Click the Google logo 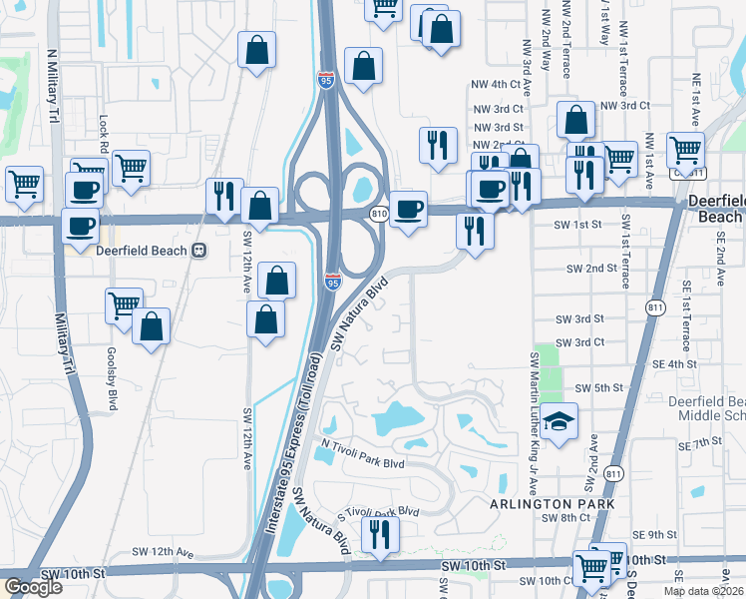(x=33, y=587)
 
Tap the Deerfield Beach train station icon (x=199, y=251)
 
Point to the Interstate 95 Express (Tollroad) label (x=290, y=440)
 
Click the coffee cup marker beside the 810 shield (x=407, y=210)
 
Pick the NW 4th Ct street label (x=498, y=85)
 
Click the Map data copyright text (x=703, y=591)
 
